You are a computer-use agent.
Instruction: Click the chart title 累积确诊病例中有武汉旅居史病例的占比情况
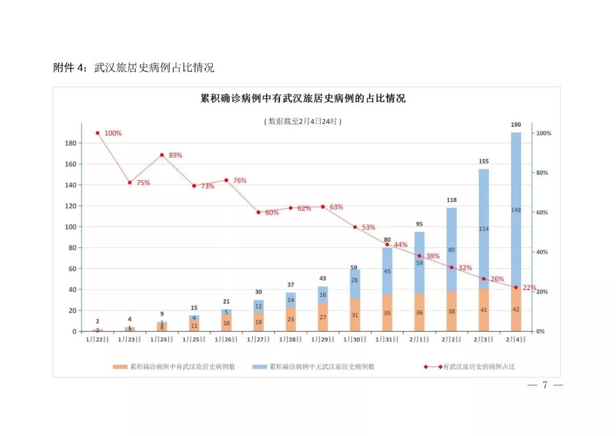303,99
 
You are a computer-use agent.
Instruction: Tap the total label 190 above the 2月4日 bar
516,124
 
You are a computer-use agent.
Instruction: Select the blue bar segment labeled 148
516,210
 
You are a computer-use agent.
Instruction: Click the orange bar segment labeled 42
516,310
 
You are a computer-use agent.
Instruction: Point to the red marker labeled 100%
98,133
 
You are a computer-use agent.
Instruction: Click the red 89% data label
175,155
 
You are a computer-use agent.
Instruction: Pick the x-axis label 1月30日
355,339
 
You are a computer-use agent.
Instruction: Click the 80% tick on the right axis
543,173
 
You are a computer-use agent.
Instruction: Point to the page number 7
545,386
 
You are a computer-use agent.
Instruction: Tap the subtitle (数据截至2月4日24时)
303,121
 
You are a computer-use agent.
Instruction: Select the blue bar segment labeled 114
484,229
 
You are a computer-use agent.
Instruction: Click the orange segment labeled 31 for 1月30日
355,316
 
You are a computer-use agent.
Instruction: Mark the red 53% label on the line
368,228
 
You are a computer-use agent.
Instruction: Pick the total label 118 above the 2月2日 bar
451,200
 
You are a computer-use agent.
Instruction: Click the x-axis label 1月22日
98,339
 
